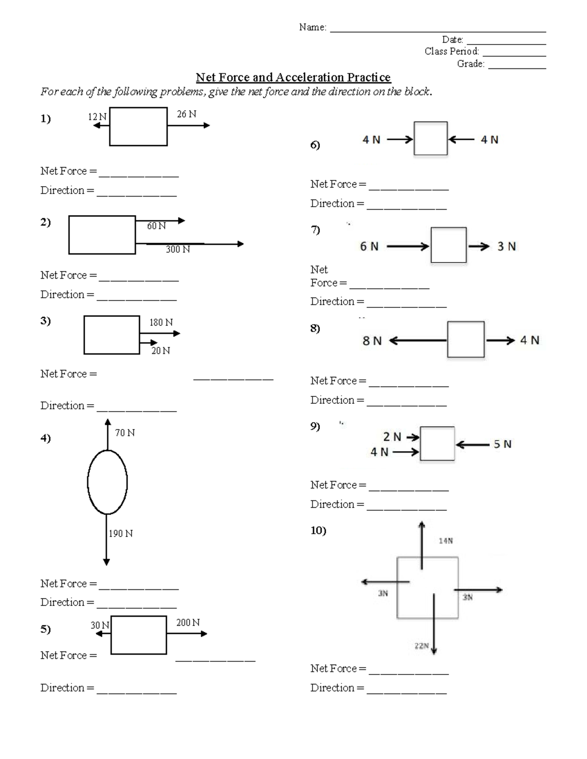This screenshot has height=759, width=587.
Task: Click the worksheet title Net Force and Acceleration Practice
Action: (293, 77)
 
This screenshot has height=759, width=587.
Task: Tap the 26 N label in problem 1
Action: (186, 114)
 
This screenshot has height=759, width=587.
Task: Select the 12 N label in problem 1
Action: (97, 116)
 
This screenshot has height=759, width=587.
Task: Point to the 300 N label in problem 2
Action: (178, 249)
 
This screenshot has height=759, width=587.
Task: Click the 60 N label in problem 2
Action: (157, 226)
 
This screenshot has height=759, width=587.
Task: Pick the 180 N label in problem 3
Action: (161, 323)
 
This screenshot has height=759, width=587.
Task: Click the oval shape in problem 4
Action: (107, 482)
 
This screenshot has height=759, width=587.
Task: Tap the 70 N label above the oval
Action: (125, 433)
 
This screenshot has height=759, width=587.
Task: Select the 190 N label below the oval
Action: (121, 533)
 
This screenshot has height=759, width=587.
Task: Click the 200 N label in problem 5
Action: (188, 622)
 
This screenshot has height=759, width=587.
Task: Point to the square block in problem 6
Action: (430, 139)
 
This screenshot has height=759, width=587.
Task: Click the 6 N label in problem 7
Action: (369, 246)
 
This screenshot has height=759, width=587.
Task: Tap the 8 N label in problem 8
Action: (372, 341)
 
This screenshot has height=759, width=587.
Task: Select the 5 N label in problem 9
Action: (502, 444)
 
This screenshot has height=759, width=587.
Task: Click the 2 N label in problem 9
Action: (392, 436)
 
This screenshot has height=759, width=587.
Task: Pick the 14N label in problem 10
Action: (446, 541)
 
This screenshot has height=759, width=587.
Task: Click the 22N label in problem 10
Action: (421, 646)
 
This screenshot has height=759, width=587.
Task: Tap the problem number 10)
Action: (318, 530)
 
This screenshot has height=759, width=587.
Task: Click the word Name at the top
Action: (312, 27)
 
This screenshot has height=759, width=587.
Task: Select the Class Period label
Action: (452, 51)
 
